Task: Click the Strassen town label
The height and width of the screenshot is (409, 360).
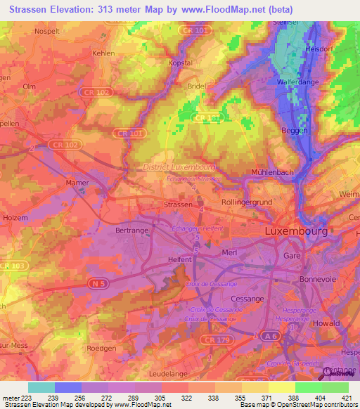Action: click(177, 204)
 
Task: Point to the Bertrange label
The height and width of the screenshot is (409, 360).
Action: click(132, 230)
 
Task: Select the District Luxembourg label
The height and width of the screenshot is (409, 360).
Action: click(179, 167)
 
